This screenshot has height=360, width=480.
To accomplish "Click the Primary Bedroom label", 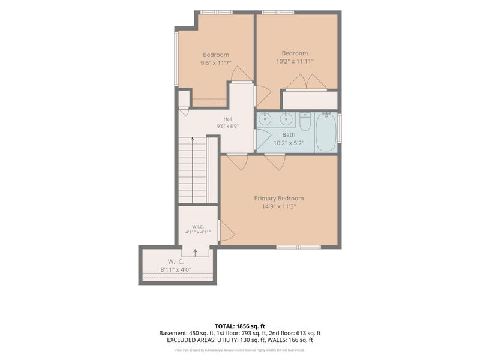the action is tap(279, 199).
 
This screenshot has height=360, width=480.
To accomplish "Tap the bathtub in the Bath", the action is tap(326, 132).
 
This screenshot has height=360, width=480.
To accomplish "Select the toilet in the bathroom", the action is tap(305, 122).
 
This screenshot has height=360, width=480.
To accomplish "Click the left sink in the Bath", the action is tap(265, 119).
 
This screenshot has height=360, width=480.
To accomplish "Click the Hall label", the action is tap(228, 119).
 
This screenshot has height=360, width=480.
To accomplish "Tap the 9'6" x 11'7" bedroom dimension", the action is tap(216, 64).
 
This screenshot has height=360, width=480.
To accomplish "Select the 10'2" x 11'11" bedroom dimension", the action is tap(295, 61).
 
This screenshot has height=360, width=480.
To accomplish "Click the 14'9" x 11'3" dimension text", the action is tap(279, 206).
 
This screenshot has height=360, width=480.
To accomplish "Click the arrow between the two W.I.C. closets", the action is tap(196, 253).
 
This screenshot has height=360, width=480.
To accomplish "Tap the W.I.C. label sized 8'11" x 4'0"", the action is tap(176, 262).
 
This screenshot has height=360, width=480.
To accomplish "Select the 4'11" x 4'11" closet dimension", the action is tap(198, 232).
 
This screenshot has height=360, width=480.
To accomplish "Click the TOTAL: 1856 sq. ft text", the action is tap(239, 326).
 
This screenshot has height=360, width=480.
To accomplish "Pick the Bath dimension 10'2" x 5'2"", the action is tap(289, 143).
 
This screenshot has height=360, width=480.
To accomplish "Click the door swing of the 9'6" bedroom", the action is tap(242, 74).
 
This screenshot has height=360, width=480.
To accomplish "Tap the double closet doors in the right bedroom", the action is tap(306, 82).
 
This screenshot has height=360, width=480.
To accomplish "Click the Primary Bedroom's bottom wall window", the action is tap(299, 247).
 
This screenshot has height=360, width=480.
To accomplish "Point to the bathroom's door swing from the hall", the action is tap(263, 140).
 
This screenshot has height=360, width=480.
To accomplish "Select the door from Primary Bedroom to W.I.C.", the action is tap(227, 231).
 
